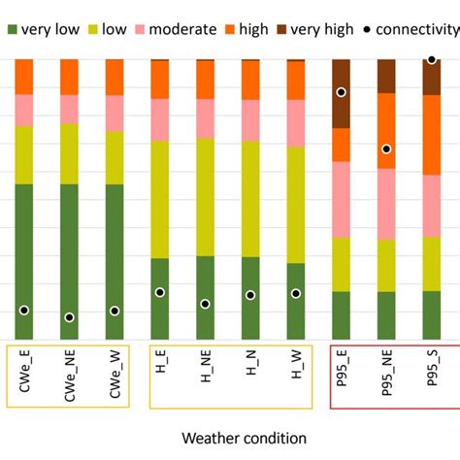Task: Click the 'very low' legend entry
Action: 44,28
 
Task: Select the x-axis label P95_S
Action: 431,373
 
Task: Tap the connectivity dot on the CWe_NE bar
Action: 69,317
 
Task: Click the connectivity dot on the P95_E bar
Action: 342,92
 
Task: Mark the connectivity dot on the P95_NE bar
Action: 386,149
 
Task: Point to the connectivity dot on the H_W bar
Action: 296,293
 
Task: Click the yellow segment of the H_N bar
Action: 250,199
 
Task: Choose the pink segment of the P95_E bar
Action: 342,199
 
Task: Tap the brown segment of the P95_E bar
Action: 342,107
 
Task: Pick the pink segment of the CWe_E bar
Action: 23,110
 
